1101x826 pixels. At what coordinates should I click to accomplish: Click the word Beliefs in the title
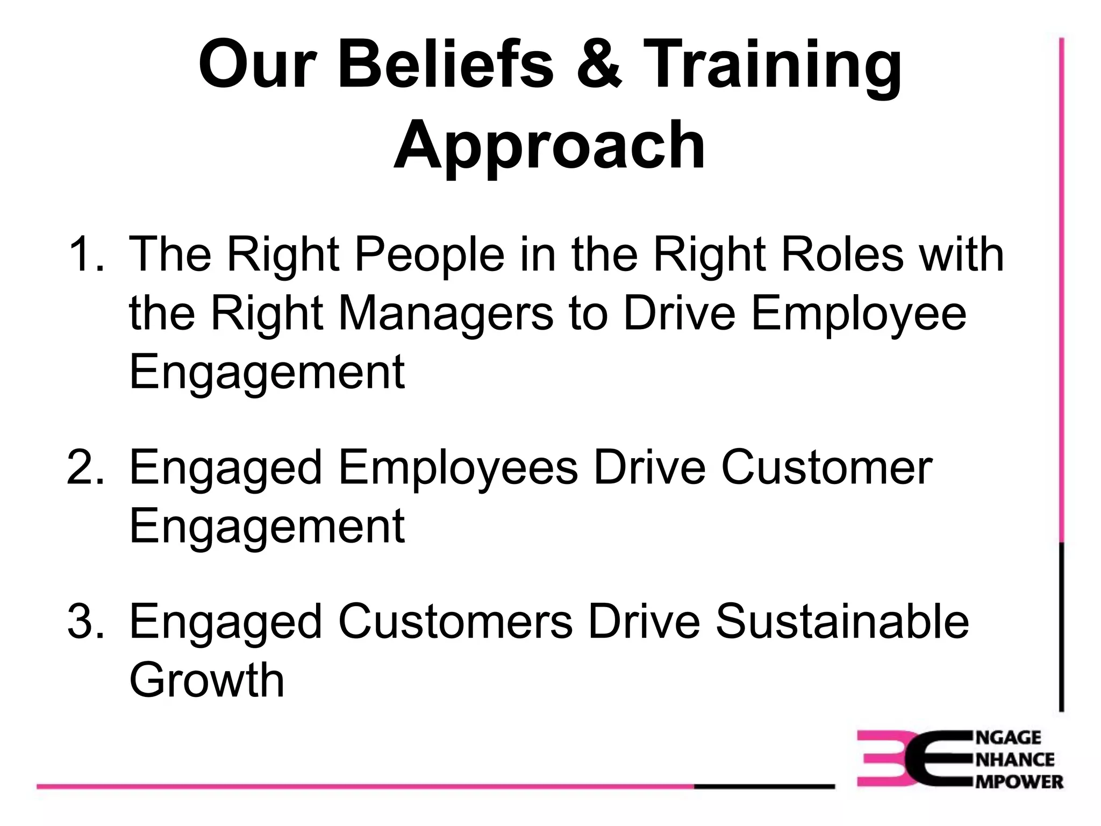point(446,66)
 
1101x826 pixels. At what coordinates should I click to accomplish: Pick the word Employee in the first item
point(859,315)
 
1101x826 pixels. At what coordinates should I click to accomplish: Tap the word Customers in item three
point(455,622)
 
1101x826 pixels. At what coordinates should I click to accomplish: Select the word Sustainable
point(842,622)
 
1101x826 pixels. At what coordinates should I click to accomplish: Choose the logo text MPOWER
point(1019,781)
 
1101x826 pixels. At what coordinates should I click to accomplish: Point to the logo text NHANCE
point(1014,760)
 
